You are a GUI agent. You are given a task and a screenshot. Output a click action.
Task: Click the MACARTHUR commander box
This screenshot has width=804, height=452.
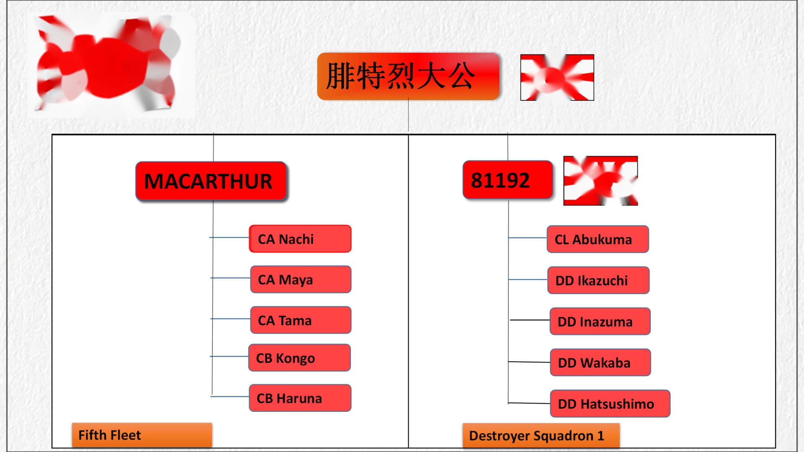[211, 181]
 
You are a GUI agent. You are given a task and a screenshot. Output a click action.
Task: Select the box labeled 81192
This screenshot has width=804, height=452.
[508, 180]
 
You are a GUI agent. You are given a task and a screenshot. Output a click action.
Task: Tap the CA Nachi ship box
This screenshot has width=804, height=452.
[300, 239]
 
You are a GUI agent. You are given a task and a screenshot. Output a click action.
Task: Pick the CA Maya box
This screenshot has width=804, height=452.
[301, 279]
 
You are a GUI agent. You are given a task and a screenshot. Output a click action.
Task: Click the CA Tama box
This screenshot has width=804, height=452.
[301, 320]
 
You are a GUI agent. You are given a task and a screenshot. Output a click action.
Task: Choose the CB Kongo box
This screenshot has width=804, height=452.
[299, 358]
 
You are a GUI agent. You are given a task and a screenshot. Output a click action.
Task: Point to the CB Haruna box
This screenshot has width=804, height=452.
[300, 398]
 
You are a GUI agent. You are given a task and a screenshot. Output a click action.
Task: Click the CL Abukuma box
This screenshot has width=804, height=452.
[598, 239]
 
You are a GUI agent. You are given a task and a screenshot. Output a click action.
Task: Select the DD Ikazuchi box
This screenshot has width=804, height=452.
[598, 280]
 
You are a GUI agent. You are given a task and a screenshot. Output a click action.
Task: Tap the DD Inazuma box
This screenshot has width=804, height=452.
[600, 321]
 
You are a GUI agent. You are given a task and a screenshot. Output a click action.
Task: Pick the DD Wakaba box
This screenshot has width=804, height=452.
[600, 362]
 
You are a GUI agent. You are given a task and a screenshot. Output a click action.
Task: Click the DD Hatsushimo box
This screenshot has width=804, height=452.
[610, 403]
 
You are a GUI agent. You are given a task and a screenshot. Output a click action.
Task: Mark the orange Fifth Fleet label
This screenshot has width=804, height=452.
[142, 435]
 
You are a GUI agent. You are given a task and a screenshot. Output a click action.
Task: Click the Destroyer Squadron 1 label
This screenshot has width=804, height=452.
[541, 436]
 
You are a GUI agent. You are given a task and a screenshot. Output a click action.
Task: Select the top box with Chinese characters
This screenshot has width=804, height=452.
[408, 76]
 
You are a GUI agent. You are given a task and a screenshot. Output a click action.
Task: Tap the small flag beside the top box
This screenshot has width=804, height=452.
[557, 77]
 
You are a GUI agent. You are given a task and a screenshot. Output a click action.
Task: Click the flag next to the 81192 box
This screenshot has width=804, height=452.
[600, 181]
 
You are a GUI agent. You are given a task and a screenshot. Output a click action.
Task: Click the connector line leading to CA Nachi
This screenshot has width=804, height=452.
[229, 237]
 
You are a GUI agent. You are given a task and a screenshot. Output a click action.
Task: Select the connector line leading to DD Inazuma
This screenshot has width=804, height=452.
[530, 320]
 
